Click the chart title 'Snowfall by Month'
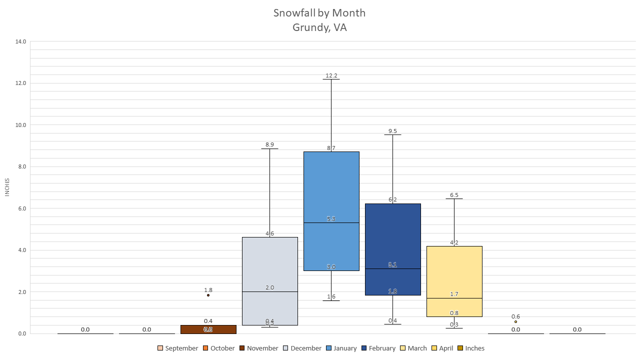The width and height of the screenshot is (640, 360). click(x=319, y=13)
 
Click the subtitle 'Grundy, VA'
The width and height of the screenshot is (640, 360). click(x=319, y=27)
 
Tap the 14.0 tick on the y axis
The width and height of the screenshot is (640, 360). click(x=20, y=41)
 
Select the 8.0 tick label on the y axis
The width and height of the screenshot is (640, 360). click(x=20, y=166)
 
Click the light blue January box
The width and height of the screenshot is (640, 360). click(x=331, y=190)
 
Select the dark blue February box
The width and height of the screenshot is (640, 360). click(x=392, y=235)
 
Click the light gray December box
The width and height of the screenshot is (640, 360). click(x=269, y=265)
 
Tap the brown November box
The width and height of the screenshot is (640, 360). click(x=208, y=329)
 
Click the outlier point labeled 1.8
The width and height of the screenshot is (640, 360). click(x=208, y=295)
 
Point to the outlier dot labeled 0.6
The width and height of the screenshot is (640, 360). click(x=515, y=321)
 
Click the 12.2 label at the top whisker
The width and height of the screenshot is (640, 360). click(x=331, y=75)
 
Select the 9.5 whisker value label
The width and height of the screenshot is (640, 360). click(x=392, y=131)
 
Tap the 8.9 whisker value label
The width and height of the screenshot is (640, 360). click(x=269, y=144)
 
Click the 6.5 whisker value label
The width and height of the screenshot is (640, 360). click(x=454, y=195)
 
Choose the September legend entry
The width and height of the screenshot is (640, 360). click(x=177, y=348)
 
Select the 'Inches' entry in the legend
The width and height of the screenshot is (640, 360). click(x=470, y=348)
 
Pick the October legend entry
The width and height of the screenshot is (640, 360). click(x=218, y=348)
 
